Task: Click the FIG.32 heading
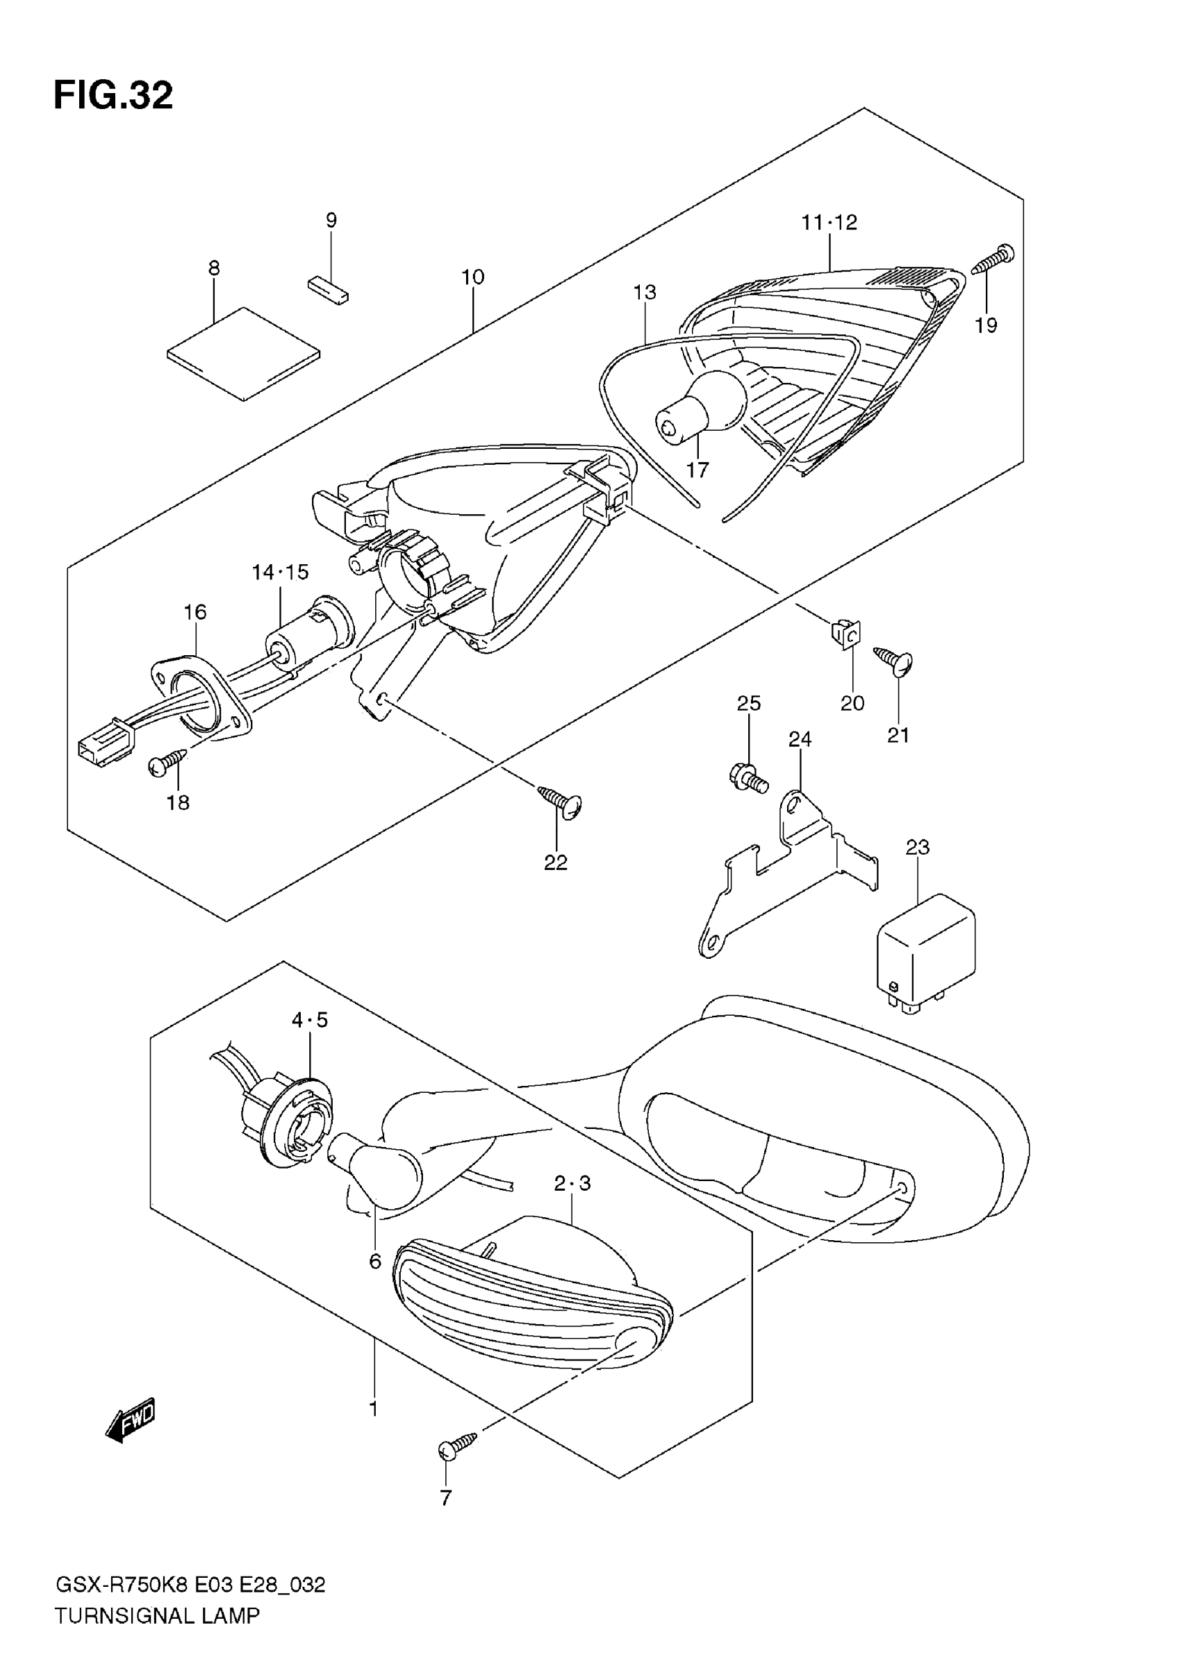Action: (x=113, y=95)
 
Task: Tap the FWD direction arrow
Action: (x=131, y=1420)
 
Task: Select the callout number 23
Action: (x=917, y=848)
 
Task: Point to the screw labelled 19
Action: (x=992, y=260)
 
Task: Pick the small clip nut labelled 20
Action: (x=846, y=634)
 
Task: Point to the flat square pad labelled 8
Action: (x=242, y=354)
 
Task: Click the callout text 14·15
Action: (x=281, y=572)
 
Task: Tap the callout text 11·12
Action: (x=829, y=222)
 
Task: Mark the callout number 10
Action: (x=473, y=277)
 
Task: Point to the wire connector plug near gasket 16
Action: (x=106, y=743)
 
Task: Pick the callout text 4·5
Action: (x=310, y=1021)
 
